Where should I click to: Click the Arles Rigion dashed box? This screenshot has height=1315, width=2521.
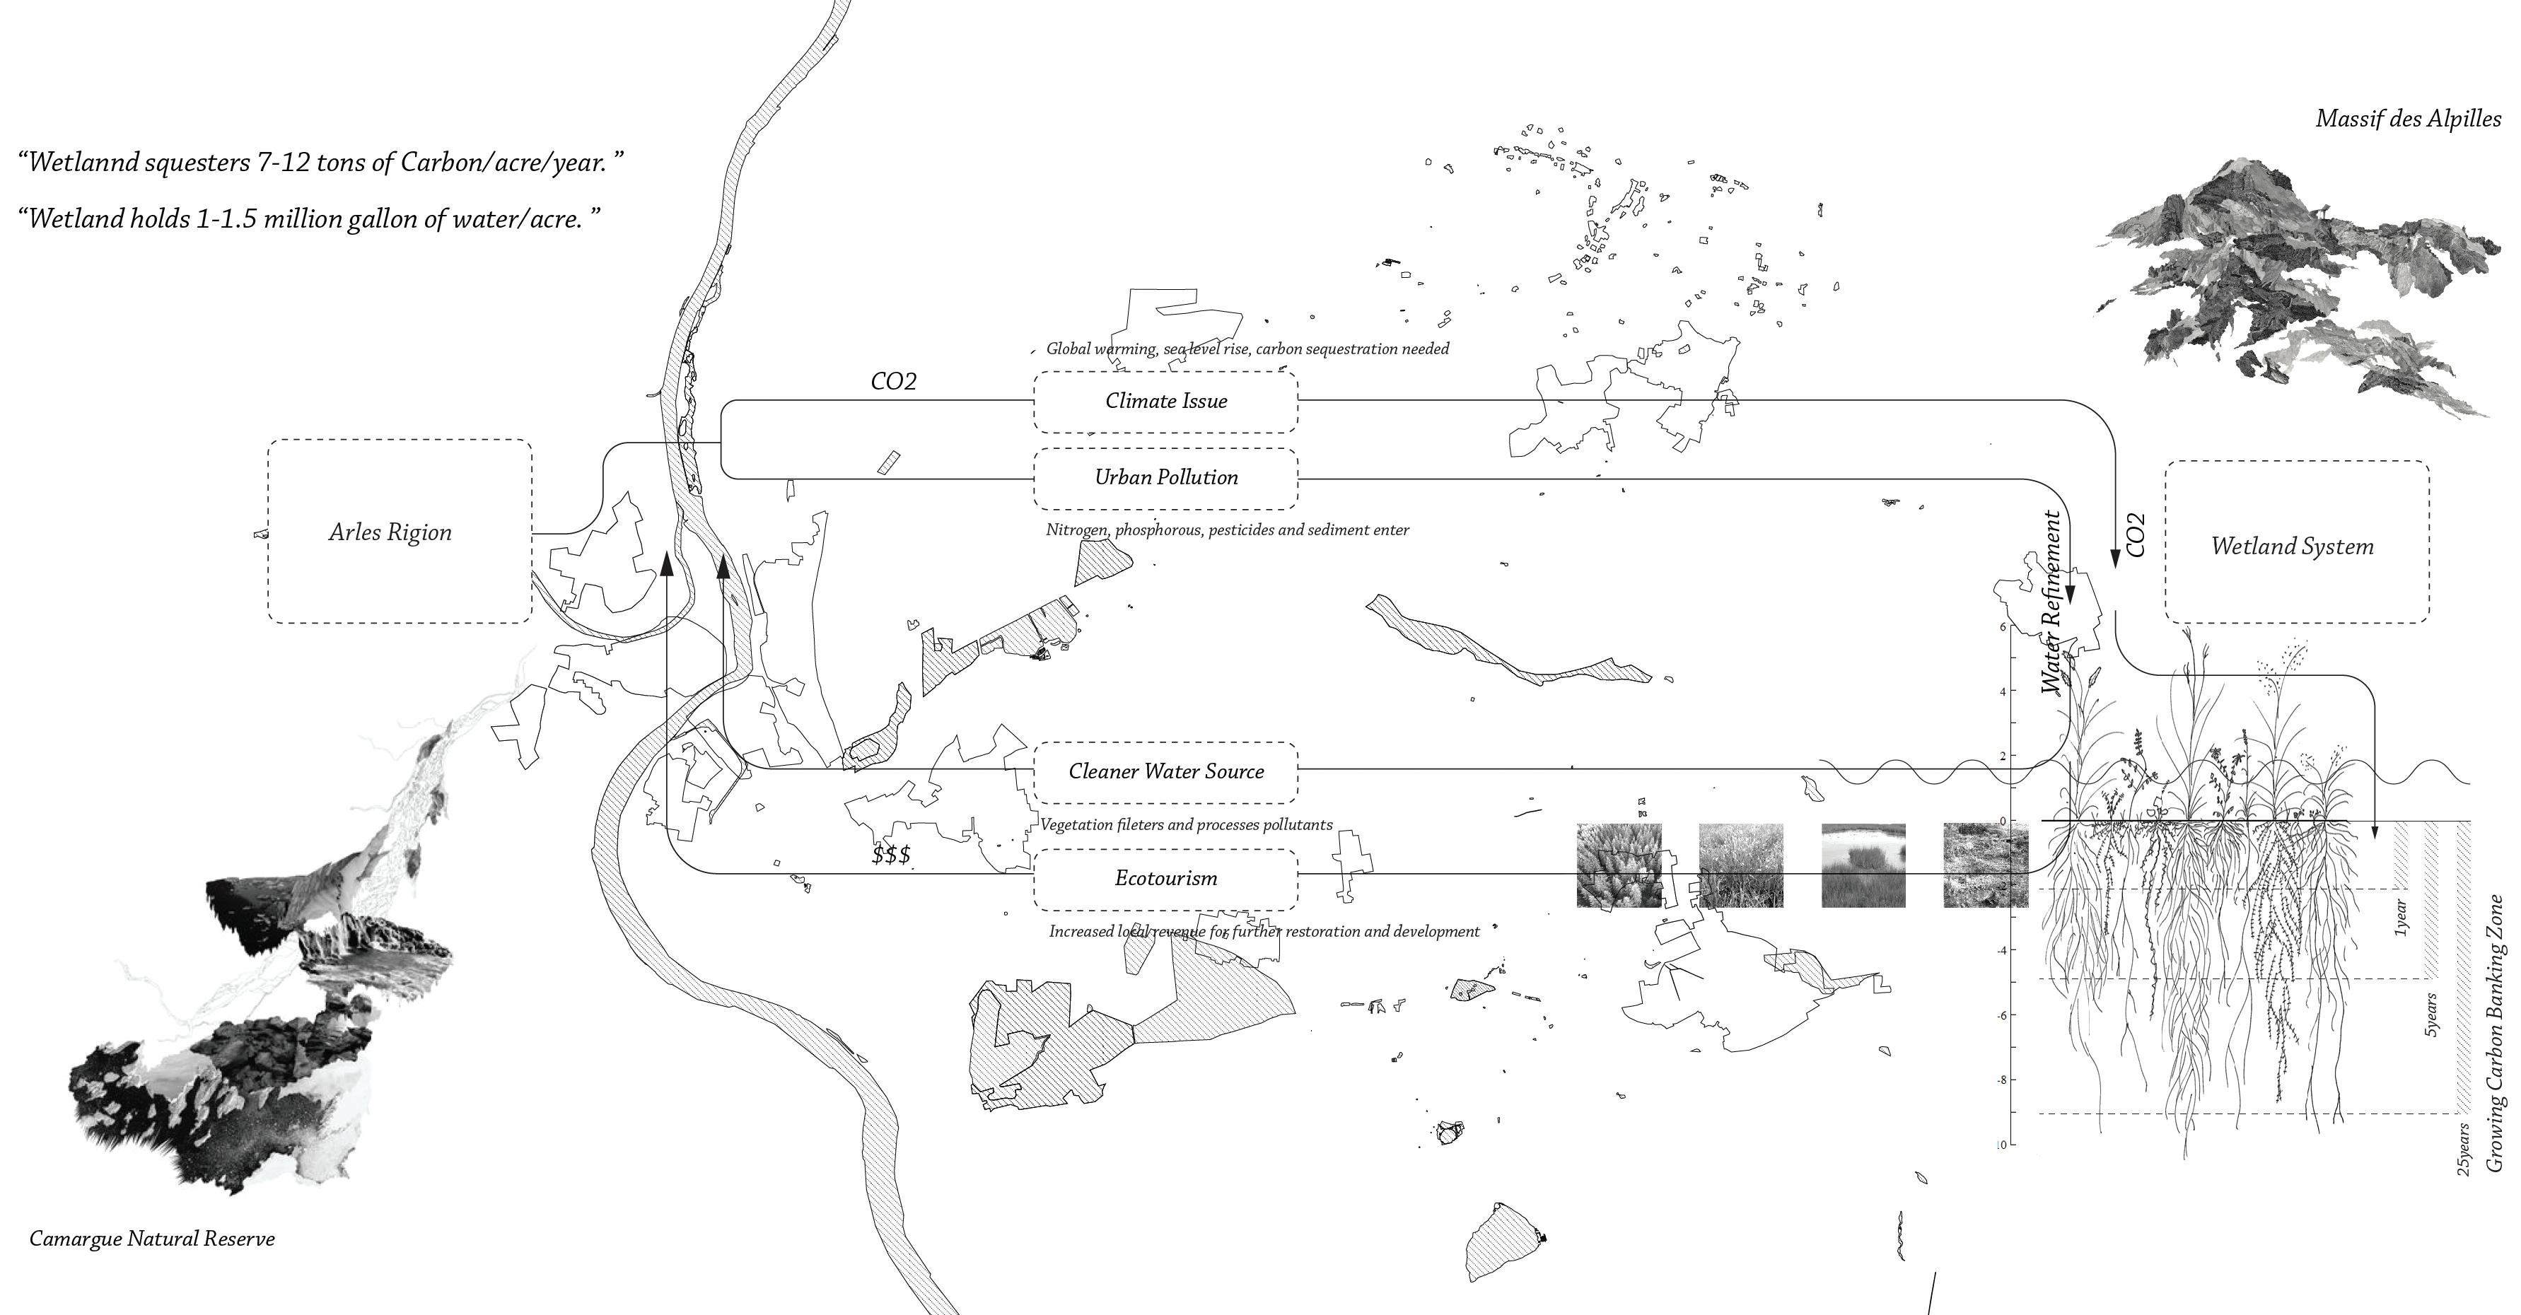pyautogui.click(x=400, y=531)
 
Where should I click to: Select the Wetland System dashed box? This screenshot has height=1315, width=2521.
pyautogui.click(x=2296, y=544)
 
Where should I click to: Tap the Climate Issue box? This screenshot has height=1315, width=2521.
pyautogui.click(x=1165, y=401)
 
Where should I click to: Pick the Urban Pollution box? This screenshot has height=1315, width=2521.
pyautogui.click(x=1165, y=477)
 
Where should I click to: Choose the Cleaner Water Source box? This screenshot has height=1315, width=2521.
pyautogui.click(x=1165, y=772)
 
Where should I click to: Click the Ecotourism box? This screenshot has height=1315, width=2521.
pyautogui.click(x=1165, y=879)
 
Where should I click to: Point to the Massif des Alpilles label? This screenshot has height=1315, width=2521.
pyautogui.click(x=2407, y=118)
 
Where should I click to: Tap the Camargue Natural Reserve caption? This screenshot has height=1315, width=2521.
pyautogui.click(x=152, y=1239)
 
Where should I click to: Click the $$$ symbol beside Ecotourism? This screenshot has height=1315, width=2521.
pyautogui.click(x=890, y=855)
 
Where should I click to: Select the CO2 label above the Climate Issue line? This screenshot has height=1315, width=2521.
pyautogui.click(x=894, y=382)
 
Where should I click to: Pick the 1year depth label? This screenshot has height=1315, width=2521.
pyautogui.click(x=2401, y=919)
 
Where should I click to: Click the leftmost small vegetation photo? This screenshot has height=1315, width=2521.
pyautogui.click(x=1619, y=865)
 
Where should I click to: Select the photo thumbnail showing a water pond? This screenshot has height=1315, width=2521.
pyautogui.click(x=1863, y=865)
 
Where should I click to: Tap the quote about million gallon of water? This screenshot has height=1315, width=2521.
pyautogui.click(x=308, y=218)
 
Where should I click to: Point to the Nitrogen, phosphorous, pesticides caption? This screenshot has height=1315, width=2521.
pyautogui.click(x=1227, y=530)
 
